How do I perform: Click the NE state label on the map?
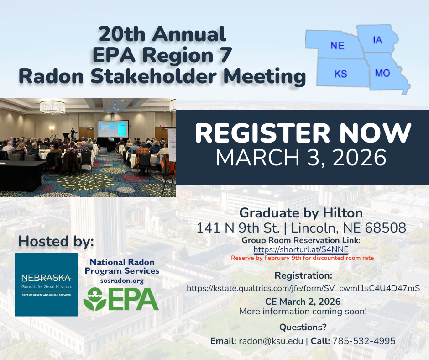[x=337, y=46]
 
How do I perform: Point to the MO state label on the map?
[x=382, y=73]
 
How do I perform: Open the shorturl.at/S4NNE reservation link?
[x=301, y=249]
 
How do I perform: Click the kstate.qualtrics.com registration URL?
[x=303, y=288]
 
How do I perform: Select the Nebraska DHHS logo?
[x=47, y=284]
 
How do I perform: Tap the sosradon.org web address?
[x=122, y=281]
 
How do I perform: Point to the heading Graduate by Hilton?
[x=301, y=212]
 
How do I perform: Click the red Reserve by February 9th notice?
[x=302, y=258]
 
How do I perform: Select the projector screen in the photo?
[x=113, y=130]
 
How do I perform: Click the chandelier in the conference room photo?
[x=52, y=107]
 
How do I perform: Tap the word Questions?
[x=303, y=327]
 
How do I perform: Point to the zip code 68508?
[x=387, y=228]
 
